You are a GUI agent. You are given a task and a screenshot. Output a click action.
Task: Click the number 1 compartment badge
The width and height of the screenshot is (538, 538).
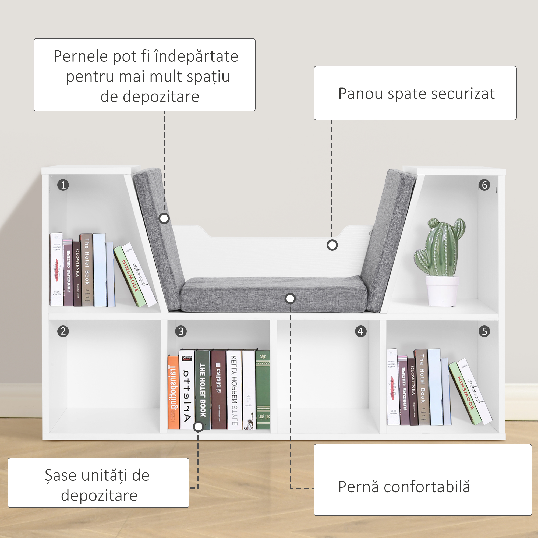63,185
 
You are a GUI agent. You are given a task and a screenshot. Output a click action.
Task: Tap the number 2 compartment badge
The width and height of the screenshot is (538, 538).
63,331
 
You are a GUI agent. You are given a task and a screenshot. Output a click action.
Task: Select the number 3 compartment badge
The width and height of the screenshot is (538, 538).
181,331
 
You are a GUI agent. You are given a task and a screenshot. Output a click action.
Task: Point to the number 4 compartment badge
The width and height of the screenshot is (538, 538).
361,331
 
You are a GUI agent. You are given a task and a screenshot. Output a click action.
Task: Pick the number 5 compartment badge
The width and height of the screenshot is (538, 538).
484,331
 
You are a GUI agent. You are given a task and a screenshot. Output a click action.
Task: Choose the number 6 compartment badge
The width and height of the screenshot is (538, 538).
484,185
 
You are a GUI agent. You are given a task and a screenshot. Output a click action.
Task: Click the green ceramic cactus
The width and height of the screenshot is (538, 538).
440,248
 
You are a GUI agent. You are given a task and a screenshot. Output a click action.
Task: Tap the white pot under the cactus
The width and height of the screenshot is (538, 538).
442,291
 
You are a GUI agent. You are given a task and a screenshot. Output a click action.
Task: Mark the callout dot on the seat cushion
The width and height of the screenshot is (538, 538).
290,299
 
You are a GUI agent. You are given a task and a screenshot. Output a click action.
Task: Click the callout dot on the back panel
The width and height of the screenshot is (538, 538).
332,245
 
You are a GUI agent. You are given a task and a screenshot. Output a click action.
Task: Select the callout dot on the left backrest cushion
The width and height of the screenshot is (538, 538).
164,218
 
